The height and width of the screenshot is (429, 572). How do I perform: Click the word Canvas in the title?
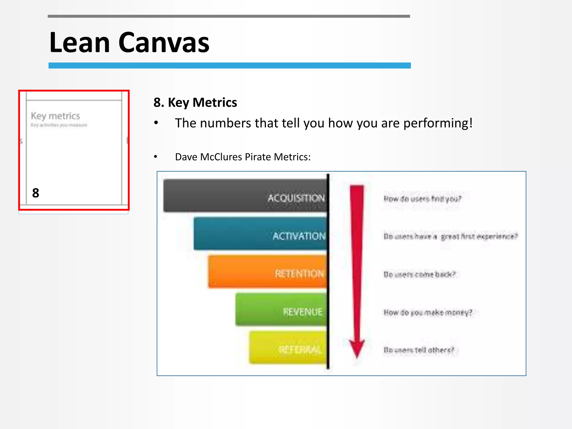tap(164, 43)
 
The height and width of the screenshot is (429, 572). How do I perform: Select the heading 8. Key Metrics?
tap(195, 103)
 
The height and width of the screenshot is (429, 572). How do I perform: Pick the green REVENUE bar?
tap(281, 310)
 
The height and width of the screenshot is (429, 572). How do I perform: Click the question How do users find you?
tap(422, 199)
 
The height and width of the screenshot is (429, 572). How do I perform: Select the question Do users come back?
tap(420, 275)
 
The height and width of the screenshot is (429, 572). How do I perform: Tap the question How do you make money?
tap(428, 312)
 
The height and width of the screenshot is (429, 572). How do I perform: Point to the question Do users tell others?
tap(419, 350)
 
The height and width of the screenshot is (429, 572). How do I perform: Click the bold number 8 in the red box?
tap(35, 193)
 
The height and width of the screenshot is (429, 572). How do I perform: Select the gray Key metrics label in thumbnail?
tap(55, 116)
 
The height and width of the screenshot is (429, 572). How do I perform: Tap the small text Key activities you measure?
tap(59, 125)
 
